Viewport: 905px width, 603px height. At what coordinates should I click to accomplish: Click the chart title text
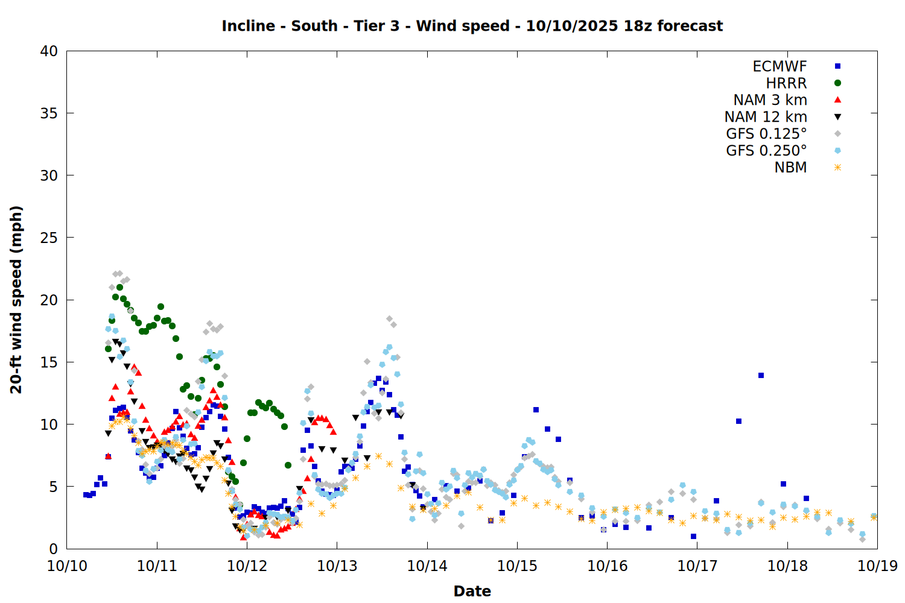[x=472, y=26]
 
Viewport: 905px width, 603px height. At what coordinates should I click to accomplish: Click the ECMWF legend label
[x=780, y=66]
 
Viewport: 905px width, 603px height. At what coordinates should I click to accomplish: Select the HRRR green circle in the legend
[x=837, y=83]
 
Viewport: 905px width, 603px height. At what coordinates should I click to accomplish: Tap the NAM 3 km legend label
[x=770, y=100]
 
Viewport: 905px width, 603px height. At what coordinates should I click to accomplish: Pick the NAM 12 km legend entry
[x=766, y=117]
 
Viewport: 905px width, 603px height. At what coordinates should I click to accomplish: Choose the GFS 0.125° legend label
[x=766, y=134]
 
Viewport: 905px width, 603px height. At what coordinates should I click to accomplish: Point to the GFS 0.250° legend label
[x=766, y=151]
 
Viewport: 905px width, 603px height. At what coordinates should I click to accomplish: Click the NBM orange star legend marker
[x=837, y=168]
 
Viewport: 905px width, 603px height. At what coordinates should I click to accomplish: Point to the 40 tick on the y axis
[x=49, y=51]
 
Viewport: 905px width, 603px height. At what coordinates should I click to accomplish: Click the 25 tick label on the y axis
[x=49, y=238]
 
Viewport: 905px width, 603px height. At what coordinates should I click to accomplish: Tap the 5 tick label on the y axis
[x=53, y=487]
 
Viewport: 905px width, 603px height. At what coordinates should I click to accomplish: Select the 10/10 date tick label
[x=67, y=566]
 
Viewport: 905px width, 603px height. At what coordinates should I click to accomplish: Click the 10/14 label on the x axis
[x=427, y=566]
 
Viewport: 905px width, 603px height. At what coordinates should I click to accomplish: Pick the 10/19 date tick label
[x=877, y=566]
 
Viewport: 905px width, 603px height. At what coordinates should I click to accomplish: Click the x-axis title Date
[x=472, y=591]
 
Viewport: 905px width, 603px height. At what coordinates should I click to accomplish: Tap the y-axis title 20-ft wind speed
[x=16, y=300]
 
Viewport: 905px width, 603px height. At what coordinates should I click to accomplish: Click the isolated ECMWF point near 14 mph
[x=761, y=375]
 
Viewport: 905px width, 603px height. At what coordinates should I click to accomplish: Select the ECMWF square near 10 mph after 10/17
[x=738, y=421]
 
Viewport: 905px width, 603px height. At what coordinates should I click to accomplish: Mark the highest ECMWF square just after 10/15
[x=536, y=410]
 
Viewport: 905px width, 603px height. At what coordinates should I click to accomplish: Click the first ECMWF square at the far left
[x=86, y=494]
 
